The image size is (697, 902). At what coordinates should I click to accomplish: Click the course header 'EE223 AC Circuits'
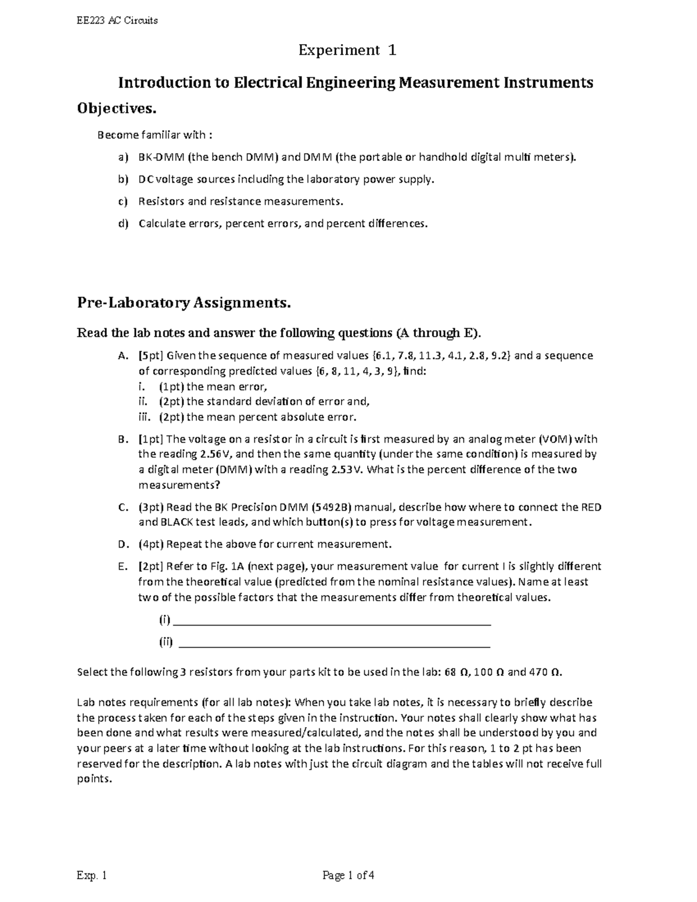tap(117, 21)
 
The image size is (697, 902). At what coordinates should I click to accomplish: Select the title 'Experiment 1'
tap(347, 51)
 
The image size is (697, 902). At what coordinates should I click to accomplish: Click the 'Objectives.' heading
tap(117, 109)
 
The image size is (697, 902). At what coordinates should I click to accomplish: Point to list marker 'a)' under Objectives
tap(122, 157)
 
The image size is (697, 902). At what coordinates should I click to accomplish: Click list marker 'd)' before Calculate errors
tap(122, 224)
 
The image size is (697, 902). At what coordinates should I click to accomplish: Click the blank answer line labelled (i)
tap(332, 621)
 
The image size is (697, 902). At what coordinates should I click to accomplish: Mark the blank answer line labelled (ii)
tap(335, 643)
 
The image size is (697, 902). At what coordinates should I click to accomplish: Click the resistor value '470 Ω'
tap(544, 672)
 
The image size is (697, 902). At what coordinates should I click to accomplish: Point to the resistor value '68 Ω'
tap(455, 672)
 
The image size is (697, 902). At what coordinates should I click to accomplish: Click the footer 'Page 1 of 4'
tap(348, 875)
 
